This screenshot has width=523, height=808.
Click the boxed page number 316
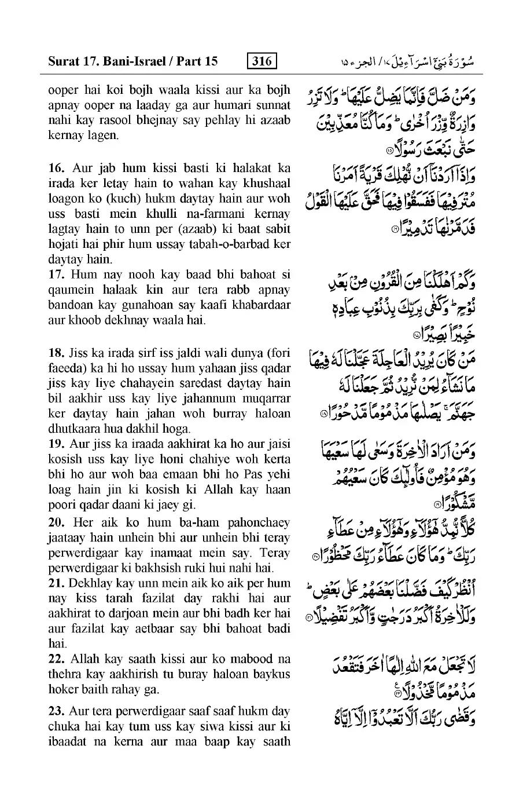[261, 60]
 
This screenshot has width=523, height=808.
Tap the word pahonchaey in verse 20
[259, 522]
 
